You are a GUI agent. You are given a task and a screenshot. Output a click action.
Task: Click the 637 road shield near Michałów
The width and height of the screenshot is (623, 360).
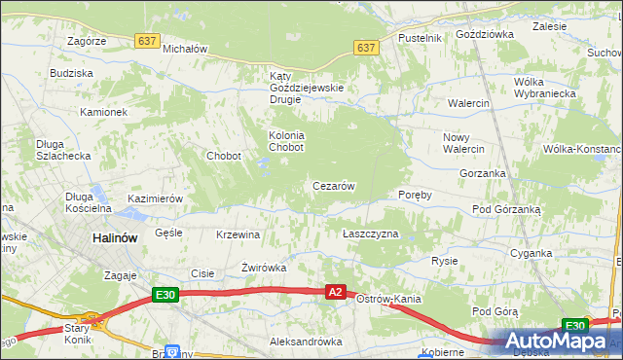pyautogui.click(x=147, y=40)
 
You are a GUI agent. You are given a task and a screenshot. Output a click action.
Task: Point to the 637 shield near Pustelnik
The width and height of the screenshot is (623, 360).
pyautogui.click(x=366, y=47)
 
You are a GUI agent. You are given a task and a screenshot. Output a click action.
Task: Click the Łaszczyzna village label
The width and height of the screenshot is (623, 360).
pyautogui.click(x=371, y=234)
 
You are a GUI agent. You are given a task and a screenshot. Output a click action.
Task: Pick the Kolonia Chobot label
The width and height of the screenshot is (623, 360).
pyautogui.click(x=286, y=141)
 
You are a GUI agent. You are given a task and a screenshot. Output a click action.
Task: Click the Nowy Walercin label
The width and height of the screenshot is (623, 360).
pyautogui.click(x=463, y=143)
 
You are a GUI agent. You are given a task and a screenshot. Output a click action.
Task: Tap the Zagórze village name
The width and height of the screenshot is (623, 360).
pyautogui.click(x=86, y=41)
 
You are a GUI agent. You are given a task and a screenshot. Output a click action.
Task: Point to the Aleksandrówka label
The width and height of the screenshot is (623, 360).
pyautogui.click(x=306, y=342)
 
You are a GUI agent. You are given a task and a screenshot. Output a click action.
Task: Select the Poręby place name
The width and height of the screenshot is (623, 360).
pyautogui.click(x=415, y=194)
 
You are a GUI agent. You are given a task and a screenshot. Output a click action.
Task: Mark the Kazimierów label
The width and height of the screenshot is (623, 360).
pyautogui.click(x=156, y=198)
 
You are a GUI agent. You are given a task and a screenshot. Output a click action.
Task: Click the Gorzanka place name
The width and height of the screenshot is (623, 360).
pyautogui.click(x=483, y=173)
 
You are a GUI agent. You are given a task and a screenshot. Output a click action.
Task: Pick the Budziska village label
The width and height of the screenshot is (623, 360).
pyautogui.click(x=71, y=73)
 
